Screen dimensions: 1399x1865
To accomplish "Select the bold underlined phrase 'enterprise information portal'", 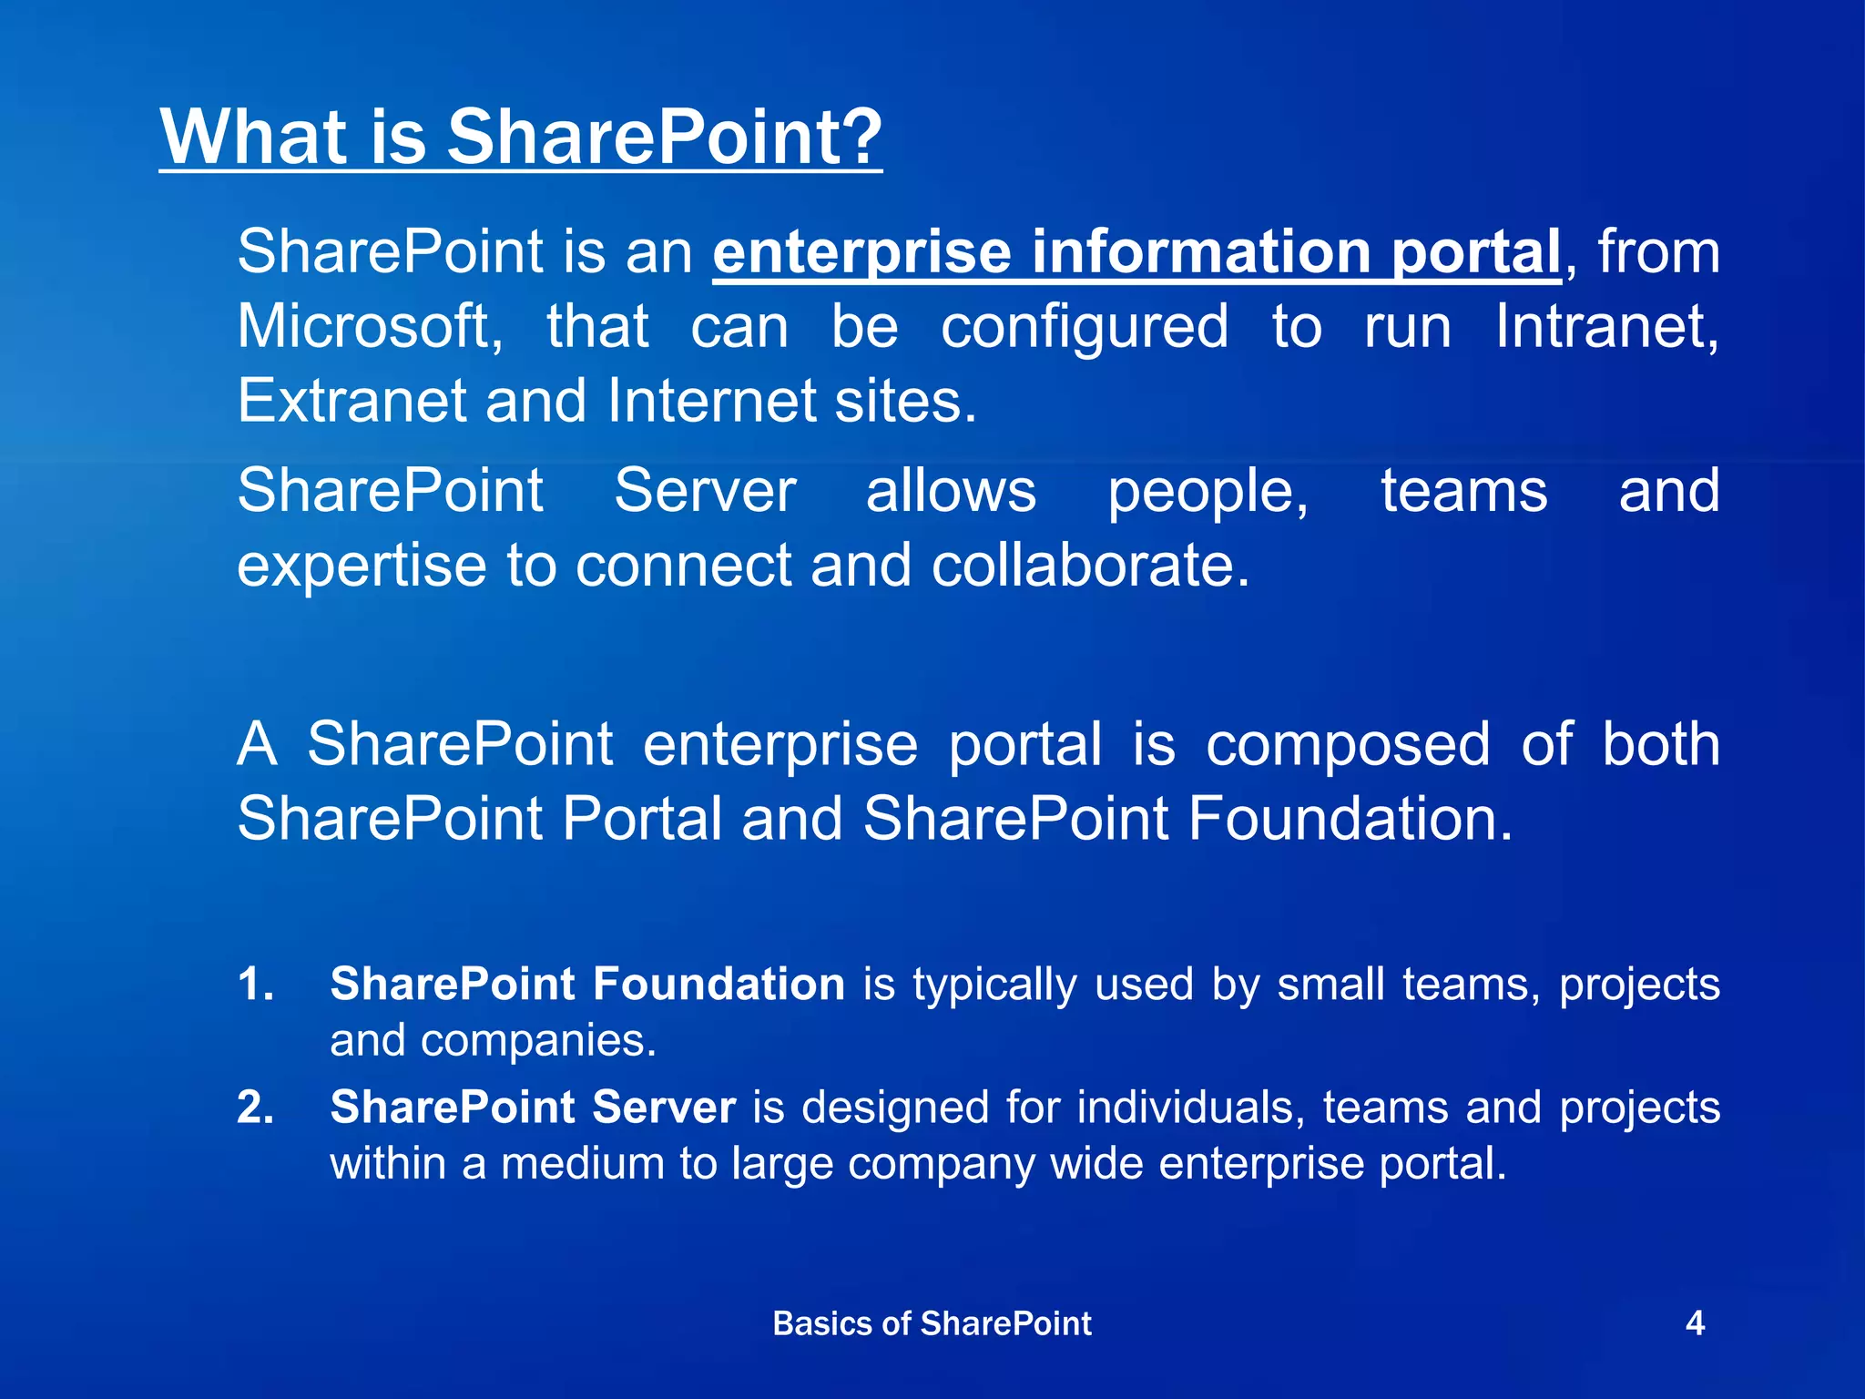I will coord(1136,252).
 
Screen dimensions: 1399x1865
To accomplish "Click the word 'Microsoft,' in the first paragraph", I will coord(370,327).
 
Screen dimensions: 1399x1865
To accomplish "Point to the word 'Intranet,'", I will coord(1607,327).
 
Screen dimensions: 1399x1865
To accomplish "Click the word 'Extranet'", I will coord(351,401).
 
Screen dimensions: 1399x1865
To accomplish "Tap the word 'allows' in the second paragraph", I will coord(951,492).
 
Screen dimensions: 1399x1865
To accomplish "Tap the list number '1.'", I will coord(256,985).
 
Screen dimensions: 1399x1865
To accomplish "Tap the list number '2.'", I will coord(256,1108).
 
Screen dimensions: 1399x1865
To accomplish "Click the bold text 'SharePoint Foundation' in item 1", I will coord(587,985).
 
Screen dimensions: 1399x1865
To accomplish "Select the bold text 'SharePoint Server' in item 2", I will coord(533,1108).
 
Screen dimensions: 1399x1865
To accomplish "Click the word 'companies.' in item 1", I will coord(538,1041).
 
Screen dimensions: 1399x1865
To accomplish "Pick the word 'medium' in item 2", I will coord(582,1164).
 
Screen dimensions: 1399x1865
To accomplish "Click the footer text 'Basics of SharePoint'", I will coord(932,1323).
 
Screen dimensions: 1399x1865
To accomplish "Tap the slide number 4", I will coord(1695,1322).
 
